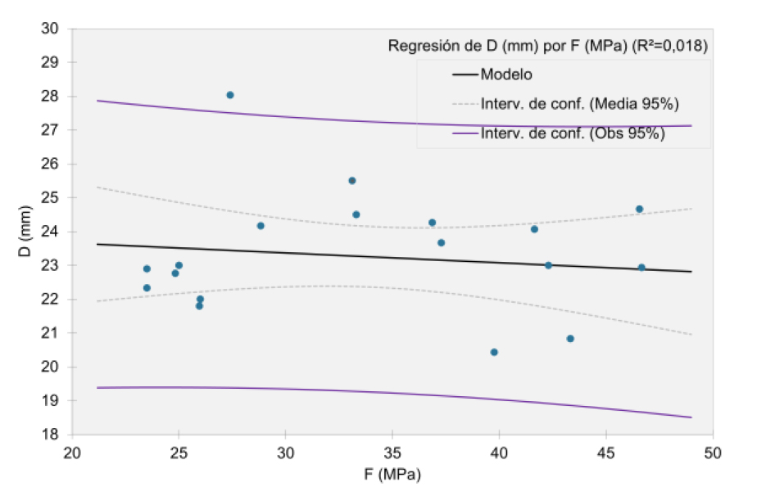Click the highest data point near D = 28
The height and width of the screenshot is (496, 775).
(230, 95)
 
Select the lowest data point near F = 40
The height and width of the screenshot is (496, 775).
(494, 352)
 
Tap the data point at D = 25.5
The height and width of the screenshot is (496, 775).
(352, 180)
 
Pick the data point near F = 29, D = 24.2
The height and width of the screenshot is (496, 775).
(261, 226)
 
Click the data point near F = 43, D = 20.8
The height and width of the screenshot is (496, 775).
(570, 339)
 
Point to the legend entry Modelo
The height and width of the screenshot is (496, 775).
(506, 74)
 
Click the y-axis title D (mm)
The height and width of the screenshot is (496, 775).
(26, 232)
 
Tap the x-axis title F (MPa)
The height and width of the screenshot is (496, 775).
(392, 473)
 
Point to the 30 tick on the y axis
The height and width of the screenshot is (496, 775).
(49, 29)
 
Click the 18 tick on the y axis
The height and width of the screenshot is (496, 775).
(49, 435)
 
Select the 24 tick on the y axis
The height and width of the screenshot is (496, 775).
(49, 232)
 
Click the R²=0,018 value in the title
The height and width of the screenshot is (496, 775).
(668, 46)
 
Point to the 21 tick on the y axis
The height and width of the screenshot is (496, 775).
(49, 333)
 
